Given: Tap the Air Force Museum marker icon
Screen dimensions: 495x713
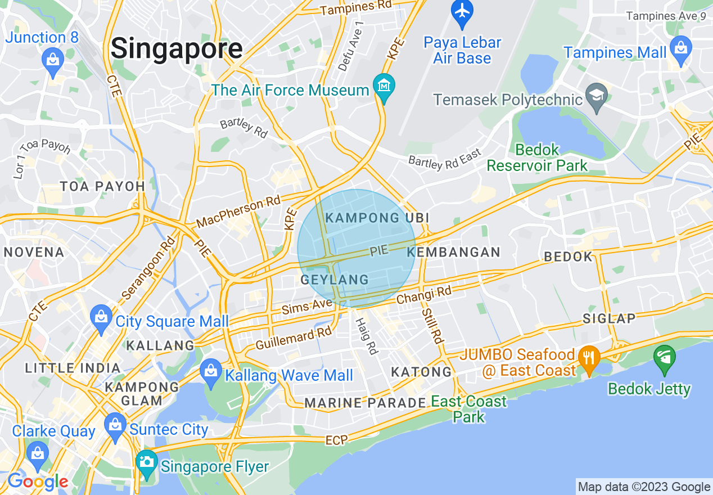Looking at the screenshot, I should pyautogui.click(x=384, y=87).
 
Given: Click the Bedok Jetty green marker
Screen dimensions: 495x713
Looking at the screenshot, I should pyautogui.click(x=665, y=358).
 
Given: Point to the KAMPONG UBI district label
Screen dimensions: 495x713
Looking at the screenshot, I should pyautogui.click(x=377, y=218).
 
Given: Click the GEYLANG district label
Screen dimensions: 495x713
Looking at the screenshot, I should pyautogui.click(x=335, y=280).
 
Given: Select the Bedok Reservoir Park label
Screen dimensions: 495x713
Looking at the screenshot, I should pyautogui.click(x=537, y=157).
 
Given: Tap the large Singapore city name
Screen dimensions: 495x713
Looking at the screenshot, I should pyautogui.click(x=177, y=48).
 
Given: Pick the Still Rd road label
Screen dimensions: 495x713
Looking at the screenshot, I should pyautogui.click(x=433, y=326).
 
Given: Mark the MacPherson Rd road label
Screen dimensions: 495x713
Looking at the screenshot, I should pyautogui.click(x=238, y=213).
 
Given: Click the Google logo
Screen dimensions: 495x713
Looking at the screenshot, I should pyautogui.click(x=37, y=482).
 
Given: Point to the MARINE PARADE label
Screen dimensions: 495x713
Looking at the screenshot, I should pyautogui.click(x=365, y=403).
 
